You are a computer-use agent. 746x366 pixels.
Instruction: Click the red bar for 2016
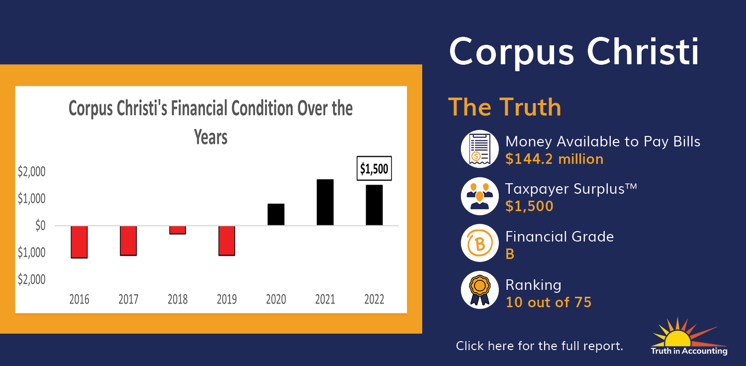(79, 242)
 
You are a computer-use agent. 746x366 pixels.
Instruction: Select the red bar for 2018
(178, 230)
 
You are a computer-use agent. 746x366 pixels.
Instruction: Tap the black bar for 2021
(325, 202)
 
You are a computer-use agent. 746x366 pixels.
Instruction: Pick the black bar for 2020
(276, 214)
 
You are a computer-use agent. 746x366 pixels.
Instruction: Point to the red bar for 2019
(227, 241)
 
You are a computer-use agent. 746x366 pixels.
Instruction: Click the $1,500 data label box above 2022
(374, 168)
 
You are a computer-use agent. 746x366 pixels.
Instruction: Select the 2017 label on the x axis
(128, 299)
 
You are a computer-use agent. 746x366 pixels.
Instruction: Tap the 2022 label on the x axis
(374, 299)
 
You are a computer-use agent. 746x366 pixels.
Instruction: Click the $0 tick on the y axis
(40, 226)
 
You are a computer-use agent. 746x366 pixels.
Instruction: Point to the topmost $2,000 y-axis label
(32, 172)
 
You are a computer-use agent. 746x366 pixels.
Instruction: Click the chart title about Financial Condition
(210, 122)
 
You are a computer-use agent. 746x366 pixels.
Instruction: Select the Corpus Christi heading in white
(573, 52)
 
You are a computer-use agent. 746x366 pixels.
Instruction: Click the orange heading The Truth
(505, 107)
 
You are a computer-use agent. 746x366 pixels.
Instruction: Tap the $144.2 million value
(554, 159)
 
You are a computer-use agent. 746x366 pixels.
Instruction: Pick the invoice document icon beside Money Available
(479, 149)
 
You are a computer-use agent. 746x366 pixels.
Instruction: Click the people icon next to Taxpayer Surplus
(479, 196)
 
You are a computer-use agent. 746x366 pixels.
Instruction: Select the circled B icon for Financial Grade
(479, 243)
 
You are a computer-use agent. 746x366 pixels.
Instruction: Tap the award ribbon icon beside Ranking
(479, 290)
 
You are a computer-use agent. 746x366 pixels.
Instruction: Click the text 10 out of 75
(548, 302)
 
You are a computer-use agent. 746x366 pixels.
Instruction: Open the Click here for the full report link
(539, 346)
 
